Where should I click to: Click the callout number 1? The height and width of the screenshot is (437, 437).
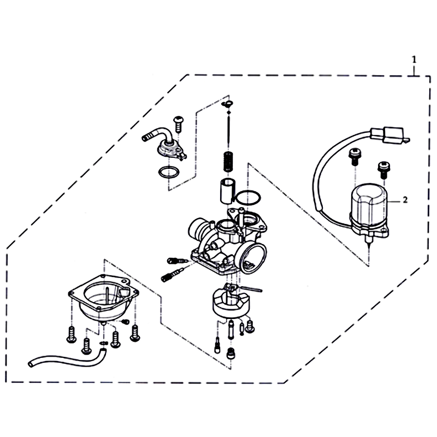coord(414,60)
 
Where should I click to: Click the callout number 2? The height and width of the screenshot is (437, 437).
coord(405,200)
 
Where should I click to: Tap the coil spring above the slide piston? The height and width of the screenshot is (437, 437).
coord(228,162)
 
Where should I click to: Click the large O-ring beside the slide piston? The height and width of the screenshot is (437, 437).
coord(249,198)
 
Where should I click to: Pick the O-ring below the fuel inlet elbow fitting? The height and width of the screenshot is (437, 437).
coord(169,172)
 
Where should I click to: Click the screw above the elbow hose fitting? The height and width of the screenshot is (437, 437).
coord(178,125)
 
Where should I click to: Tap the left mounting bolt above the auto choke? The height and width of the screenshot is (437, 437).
coord(354,156)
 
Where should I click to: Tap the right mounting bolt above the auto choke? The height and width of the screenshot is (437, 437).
coord(383,169)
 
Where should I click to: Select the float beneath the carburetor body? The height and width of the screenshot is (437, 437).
coord(231,303)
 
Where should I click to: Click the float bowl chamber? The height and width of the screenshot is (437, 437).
coord(104,299)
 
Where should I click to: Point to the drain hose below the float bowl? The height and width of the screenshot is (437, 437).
coord(67,358)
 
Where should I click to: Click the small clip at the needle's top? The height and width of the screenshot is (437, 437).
coord(227,104)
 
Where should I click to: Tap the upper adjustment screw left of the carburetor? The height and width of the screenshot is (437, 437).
coord(178,261)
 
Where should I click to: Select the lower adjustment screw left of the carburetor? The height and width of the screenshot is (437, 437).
coord(172,275)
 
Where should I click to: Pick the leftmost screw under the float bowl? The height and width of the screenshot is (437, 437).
coord(72,334)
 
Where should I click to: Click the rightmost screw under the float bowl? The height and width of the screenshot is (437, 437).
coord(135,333)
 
